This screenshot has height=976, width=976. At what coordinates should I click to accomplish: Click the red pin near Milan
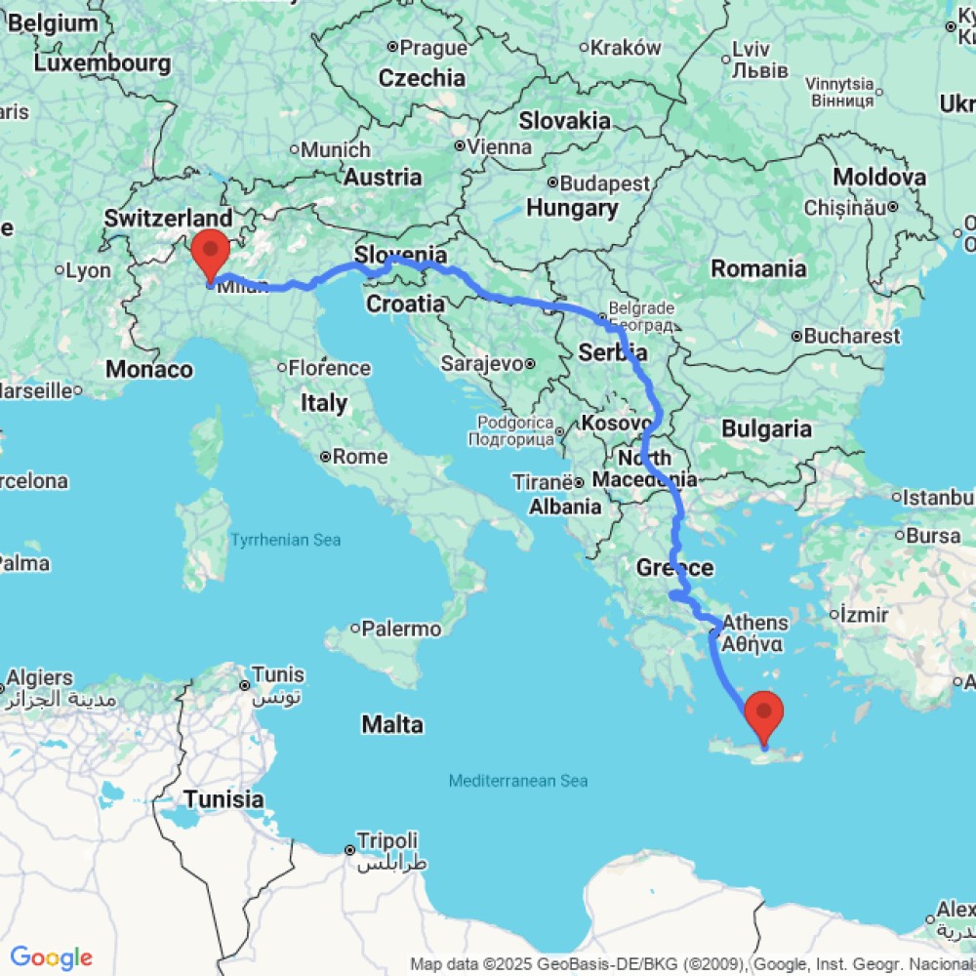[x=210, y=253]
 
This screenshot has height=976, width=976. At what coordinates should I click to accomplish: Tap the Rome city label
[x=359, y=456]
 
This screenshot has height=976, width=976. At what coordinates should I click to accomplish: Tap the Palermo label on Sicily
[x=401, y=629]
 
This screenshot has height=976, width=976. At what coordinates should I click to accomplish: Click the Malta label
[x=392, y=724]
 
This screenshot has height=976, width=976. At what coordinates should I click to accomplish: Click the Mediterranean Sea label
[x=518, y=781]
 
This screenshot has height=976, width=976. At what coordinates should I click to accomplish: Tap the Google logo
[x=51, y=957]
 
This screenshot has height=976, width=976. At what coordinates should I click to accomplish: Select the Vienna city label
[x=500, y=147]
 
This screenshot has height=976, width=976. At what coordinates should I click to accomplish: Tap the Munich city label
[x=336, y=150]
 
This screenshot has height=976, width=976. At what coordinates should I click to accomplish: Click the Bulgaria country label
[x=766, y=428]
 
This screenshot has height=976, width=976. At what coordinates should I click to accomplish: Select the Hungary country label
[x=572, y=208]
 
